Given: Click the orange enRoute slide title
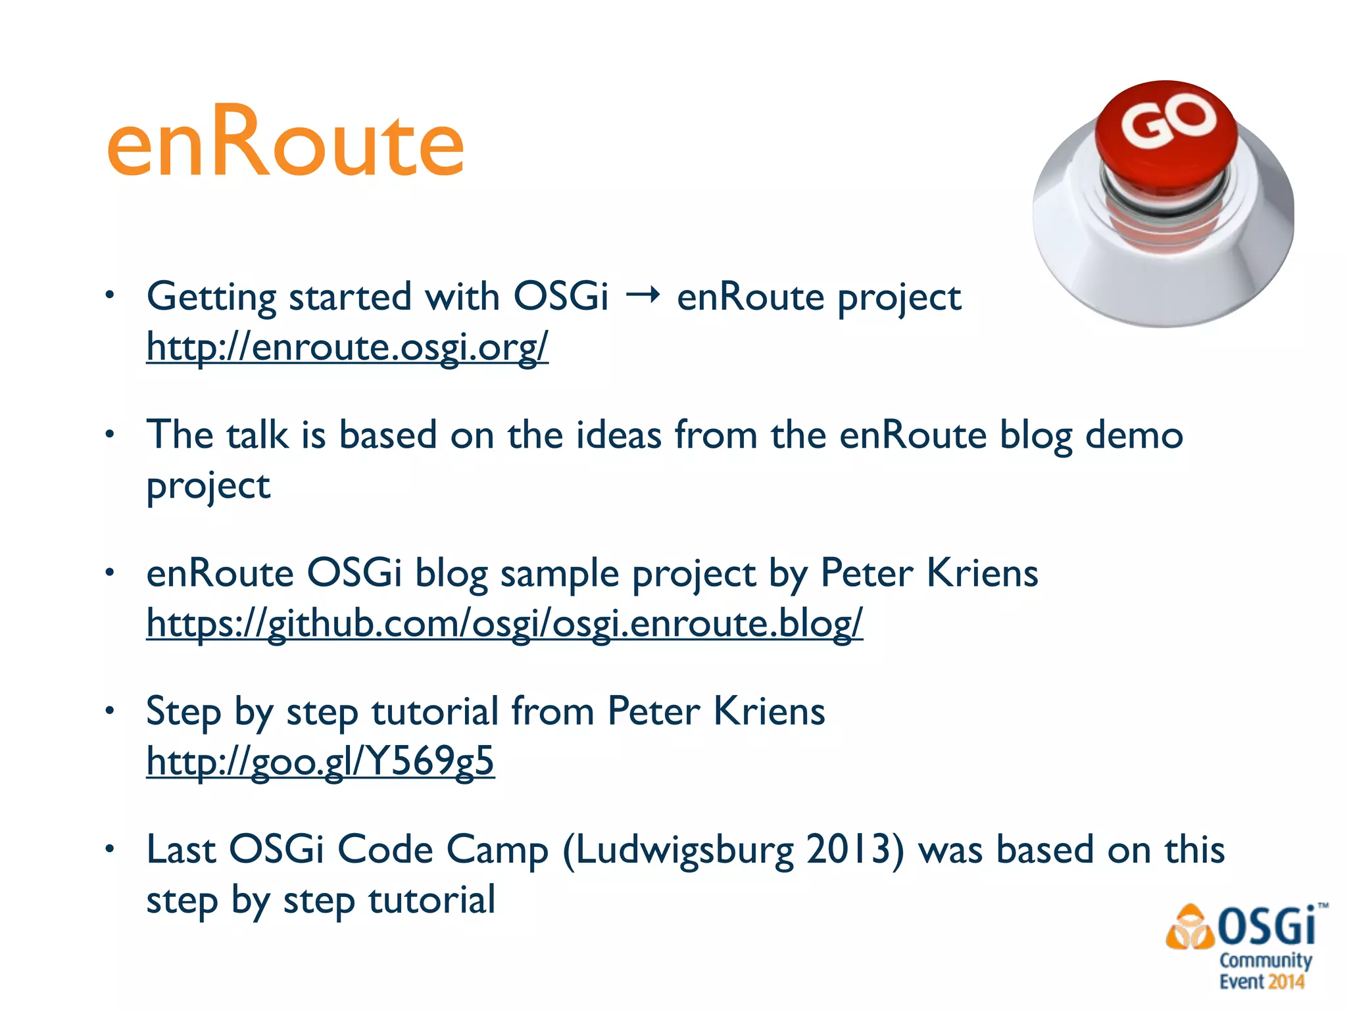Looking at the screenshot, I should point(285,141).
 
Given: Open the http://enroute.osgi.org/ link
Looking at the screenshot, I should point(347,347).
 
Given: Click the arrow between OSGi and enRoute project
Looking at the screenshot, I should point(643,297).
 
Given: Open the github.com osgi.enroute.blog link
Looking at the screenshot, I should point(504,623).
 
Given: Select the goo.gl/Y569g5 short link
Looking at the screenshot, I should point(320,761).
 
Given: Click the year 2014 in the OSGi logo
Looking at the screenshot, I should point(1286,982).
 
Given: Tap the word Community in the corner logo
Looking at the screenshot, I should point(1265,960).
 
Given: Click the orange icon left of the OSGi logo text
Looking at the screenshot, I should point(1189,928).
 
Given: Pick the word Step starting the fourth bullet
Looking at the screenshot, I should point(183,711).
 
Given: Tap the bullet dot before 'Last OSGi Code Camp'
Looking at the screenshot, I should point(110,849).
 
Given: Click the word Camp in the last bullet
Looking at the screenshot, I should point(497,850).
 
